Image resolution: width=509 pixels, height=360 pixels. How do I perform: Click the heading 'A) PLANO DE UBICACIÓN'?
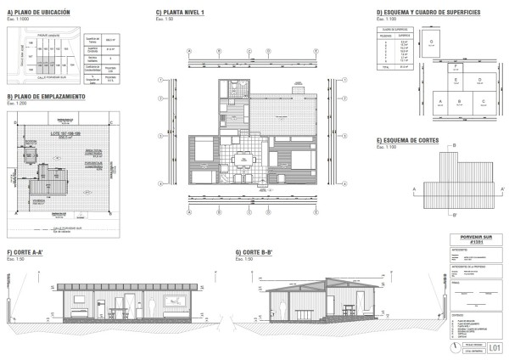click(x=38, y=13)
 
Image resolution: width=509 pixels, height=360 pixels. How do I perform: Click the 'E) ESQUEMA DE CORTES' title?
click(x=406, y=139)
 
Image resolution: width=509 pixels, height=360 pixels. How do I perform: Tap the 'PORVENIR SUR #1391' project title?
click(x=475, y=239)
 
